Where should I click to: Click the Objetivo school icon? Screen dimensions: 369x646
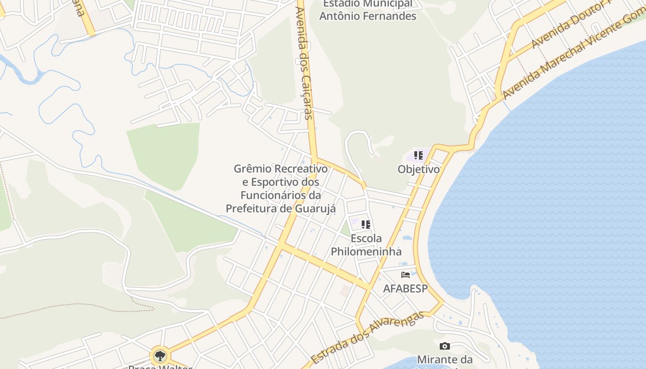point(419,155)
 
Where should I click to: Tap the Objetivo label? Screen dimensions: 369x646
point(419,169)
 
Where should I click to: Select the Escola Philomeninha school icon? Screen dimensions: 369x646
point(366,225)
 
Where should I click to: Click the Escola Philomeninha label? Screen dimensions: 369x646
point(366,245)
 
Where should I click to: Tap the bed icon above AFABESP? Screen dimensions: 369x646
point(406,275)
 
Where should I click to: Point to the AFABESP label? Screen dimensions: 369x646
point(406,288)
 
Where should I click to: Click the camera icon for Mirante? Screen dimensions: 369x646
point(445,346)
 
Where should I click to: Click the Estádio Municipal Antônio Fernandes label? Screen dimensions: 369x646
point(368,10)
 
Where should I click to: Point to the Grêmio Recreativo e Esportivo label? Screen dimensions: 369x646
point(281,189)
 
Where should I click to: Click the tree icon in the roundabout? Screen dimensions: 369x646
point(160,356)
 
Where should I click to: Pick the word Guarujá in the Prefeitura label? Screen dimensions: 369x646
point(316,208)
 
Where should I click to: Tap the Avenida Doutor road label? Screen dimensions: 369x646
point(568,25)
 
